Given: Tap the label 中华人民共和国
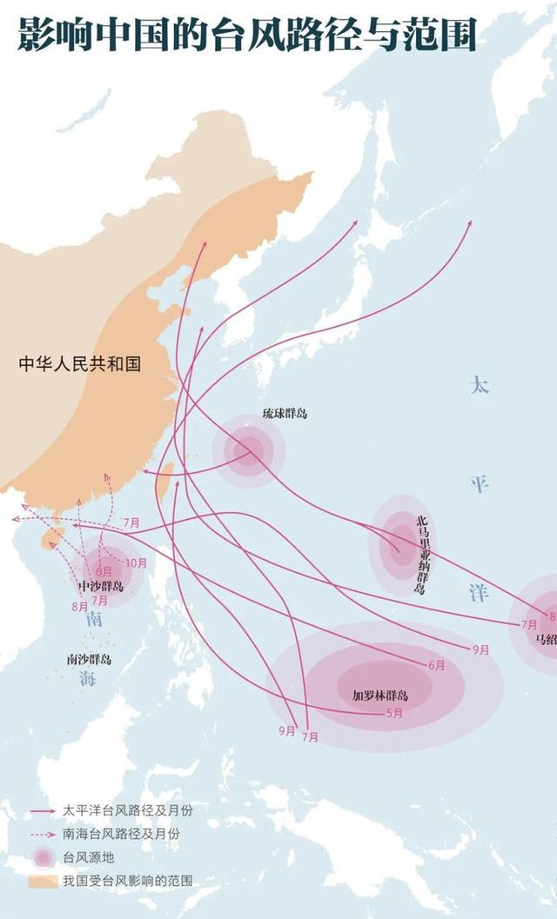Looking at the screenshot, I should click(x=80, y=363).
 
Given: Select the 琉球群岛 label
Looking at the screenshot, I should click(x=285, y=413).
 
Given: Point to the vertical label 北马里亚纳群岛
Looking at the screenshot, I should click(x=421, y=555).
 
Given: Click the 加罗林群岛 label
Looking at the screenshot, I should click(x=379, y=696).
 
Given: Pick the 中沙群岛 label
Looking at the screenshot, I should click(x=100, y=586).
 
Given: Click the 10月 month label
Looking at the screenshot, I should click(x=136, y=563).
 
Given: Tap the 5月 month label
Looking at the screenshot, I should click(x=393, y=714).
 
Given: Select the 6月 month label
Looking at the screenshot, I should click(x=437, y=665).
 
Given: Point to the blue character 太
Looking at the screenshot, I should click(x=480, y=383).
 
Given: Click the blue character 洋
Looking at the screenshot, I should click(x=480, y=593).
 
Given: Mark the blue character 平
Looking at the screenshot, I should click(x=480, y=484).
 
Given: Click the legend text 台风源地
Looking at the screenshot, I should click(x=86, y=857).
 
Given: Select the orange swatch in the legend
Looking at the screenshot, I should click(x=42, y=881).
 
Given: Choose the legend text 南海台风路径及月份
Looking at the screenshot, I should click(x=121, y=834).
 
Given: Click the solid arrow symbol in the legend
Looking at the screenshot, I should click(x=42, y=810).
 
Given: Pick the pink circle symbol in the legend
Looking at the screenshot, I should click(x=42, y=857).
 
